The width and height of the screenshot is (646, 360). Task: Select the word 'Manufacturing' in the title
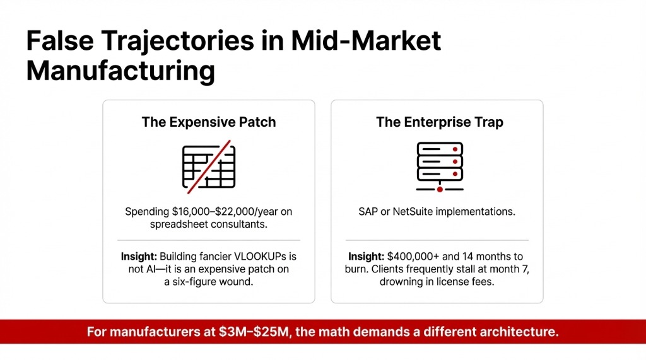(x=120, y=71)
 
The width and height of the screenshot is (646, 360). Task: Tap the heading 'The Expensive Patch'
(x=209, y=122)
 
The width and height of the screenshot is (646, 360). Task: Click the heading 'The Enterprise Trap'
(x=440, y=122)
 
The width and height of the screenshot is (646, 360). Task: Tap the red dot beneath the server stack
(x=440, y=189)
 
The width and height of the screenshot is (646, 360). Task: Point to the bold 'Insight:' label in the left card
(x=139, y=257)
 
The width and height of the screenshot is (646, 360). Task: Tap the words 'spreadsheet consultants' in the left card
(x=209, y=224)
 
